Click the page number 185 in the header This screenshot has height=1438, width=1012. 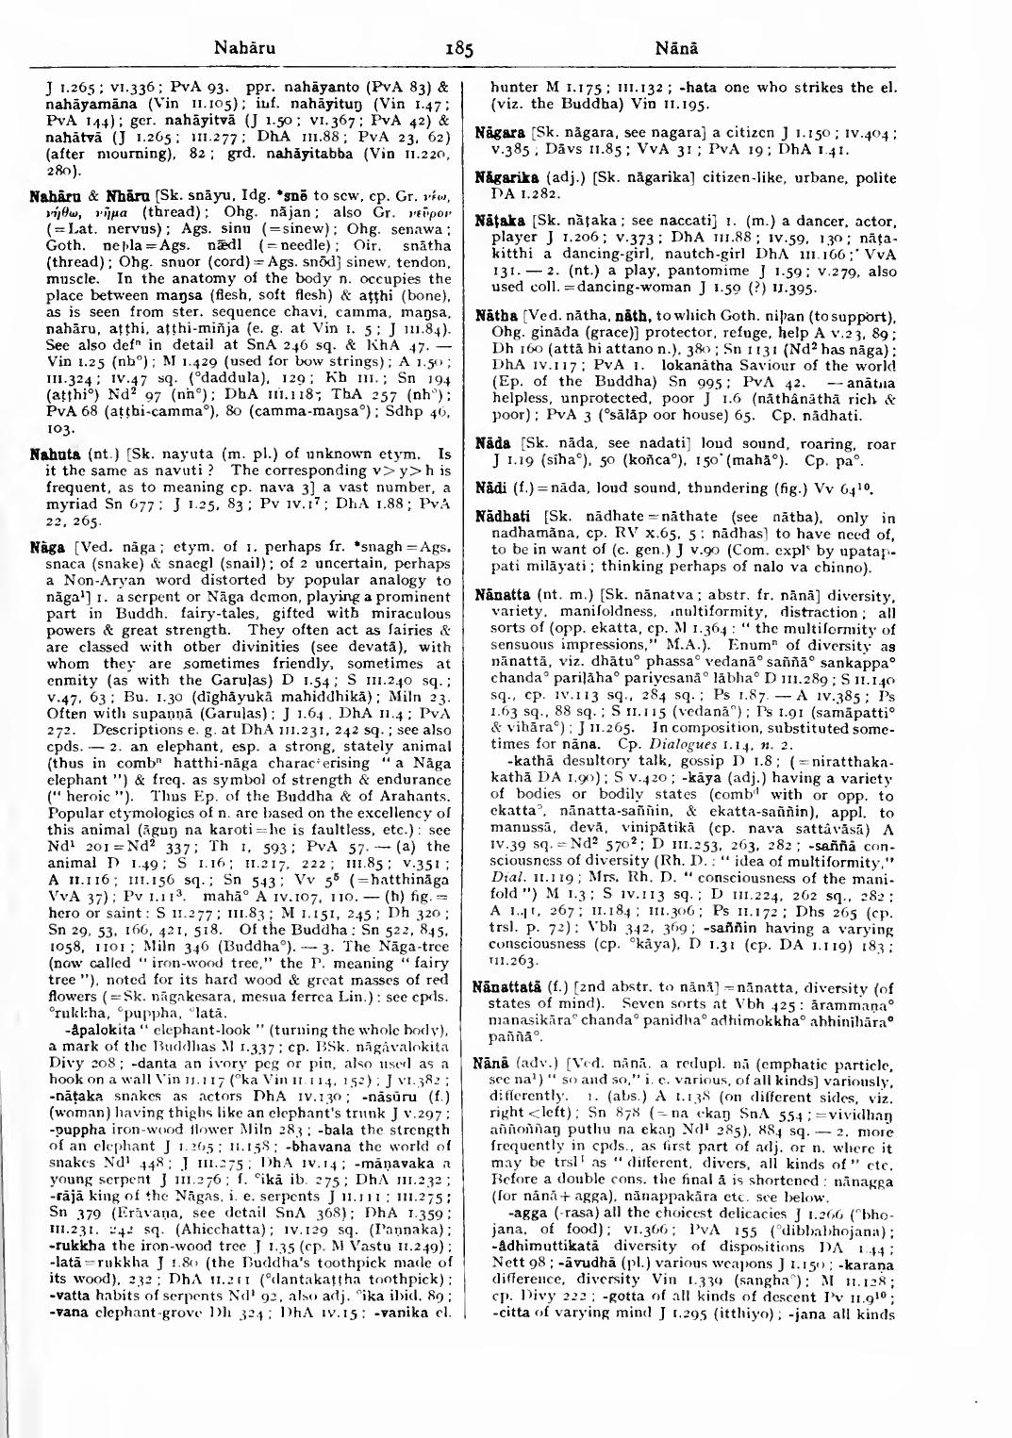[459, 47]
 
